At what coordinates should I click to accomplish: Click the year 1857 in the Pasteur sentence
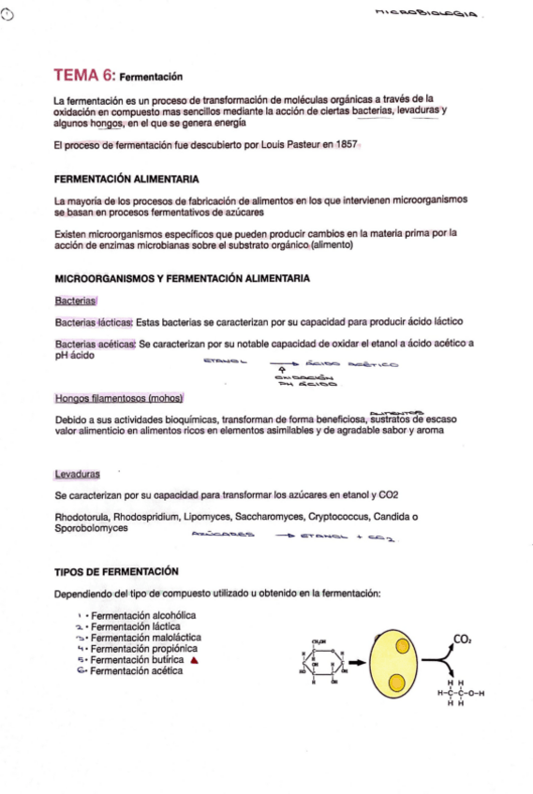[x=344, y=145]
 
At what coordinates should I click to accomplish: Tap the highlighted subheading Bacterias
[x=75, y=300]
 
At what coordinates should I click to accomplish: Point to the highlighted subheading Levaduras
[x=78, y=474]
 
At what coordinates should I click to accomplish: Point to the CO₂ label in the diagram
[x=461, y=639]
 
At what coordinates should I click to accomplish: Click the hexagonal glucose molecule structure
[x=321, y=664]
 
